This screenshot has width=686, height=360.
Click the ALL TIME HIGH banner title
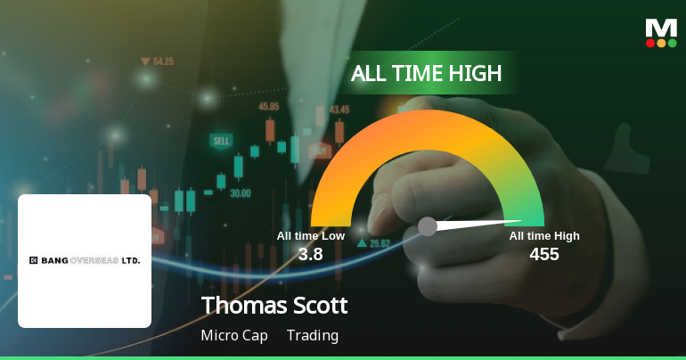click(426, 73)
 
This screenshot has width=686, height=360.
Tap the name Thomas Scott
click(274, 306)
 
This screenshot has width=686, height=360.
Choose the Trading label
click(313, 336)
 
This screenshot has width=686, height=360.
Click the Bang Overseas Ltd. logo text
click(85, 260)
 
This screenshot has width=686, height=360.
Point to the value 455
click(543, 254)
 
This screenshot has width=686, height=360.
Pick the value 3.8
click(310, 254)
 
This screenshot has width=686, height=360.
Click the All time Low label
click(310, 235)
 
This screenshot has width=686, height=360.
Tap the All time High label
click(544, 235)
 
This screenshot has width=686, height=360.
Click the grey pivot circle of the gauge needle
click(428, 226)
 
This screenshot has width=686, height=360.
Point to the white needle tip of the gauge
click(519, 221)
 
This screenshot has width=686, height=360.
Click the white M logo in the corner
click(661, 27)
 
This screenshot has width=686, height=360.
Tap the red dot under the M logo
click(650, 43)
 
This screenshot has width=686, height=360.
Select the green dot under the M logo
click(673, 43)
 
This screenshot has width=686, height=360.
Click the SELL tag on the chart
click(221, 141)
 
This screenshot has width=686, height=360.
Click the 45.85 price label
click(268, 106)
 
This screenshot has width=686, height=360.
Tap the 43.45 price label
click(339, 110)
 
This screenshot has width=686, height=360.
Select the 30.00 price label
click(240, 192)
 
